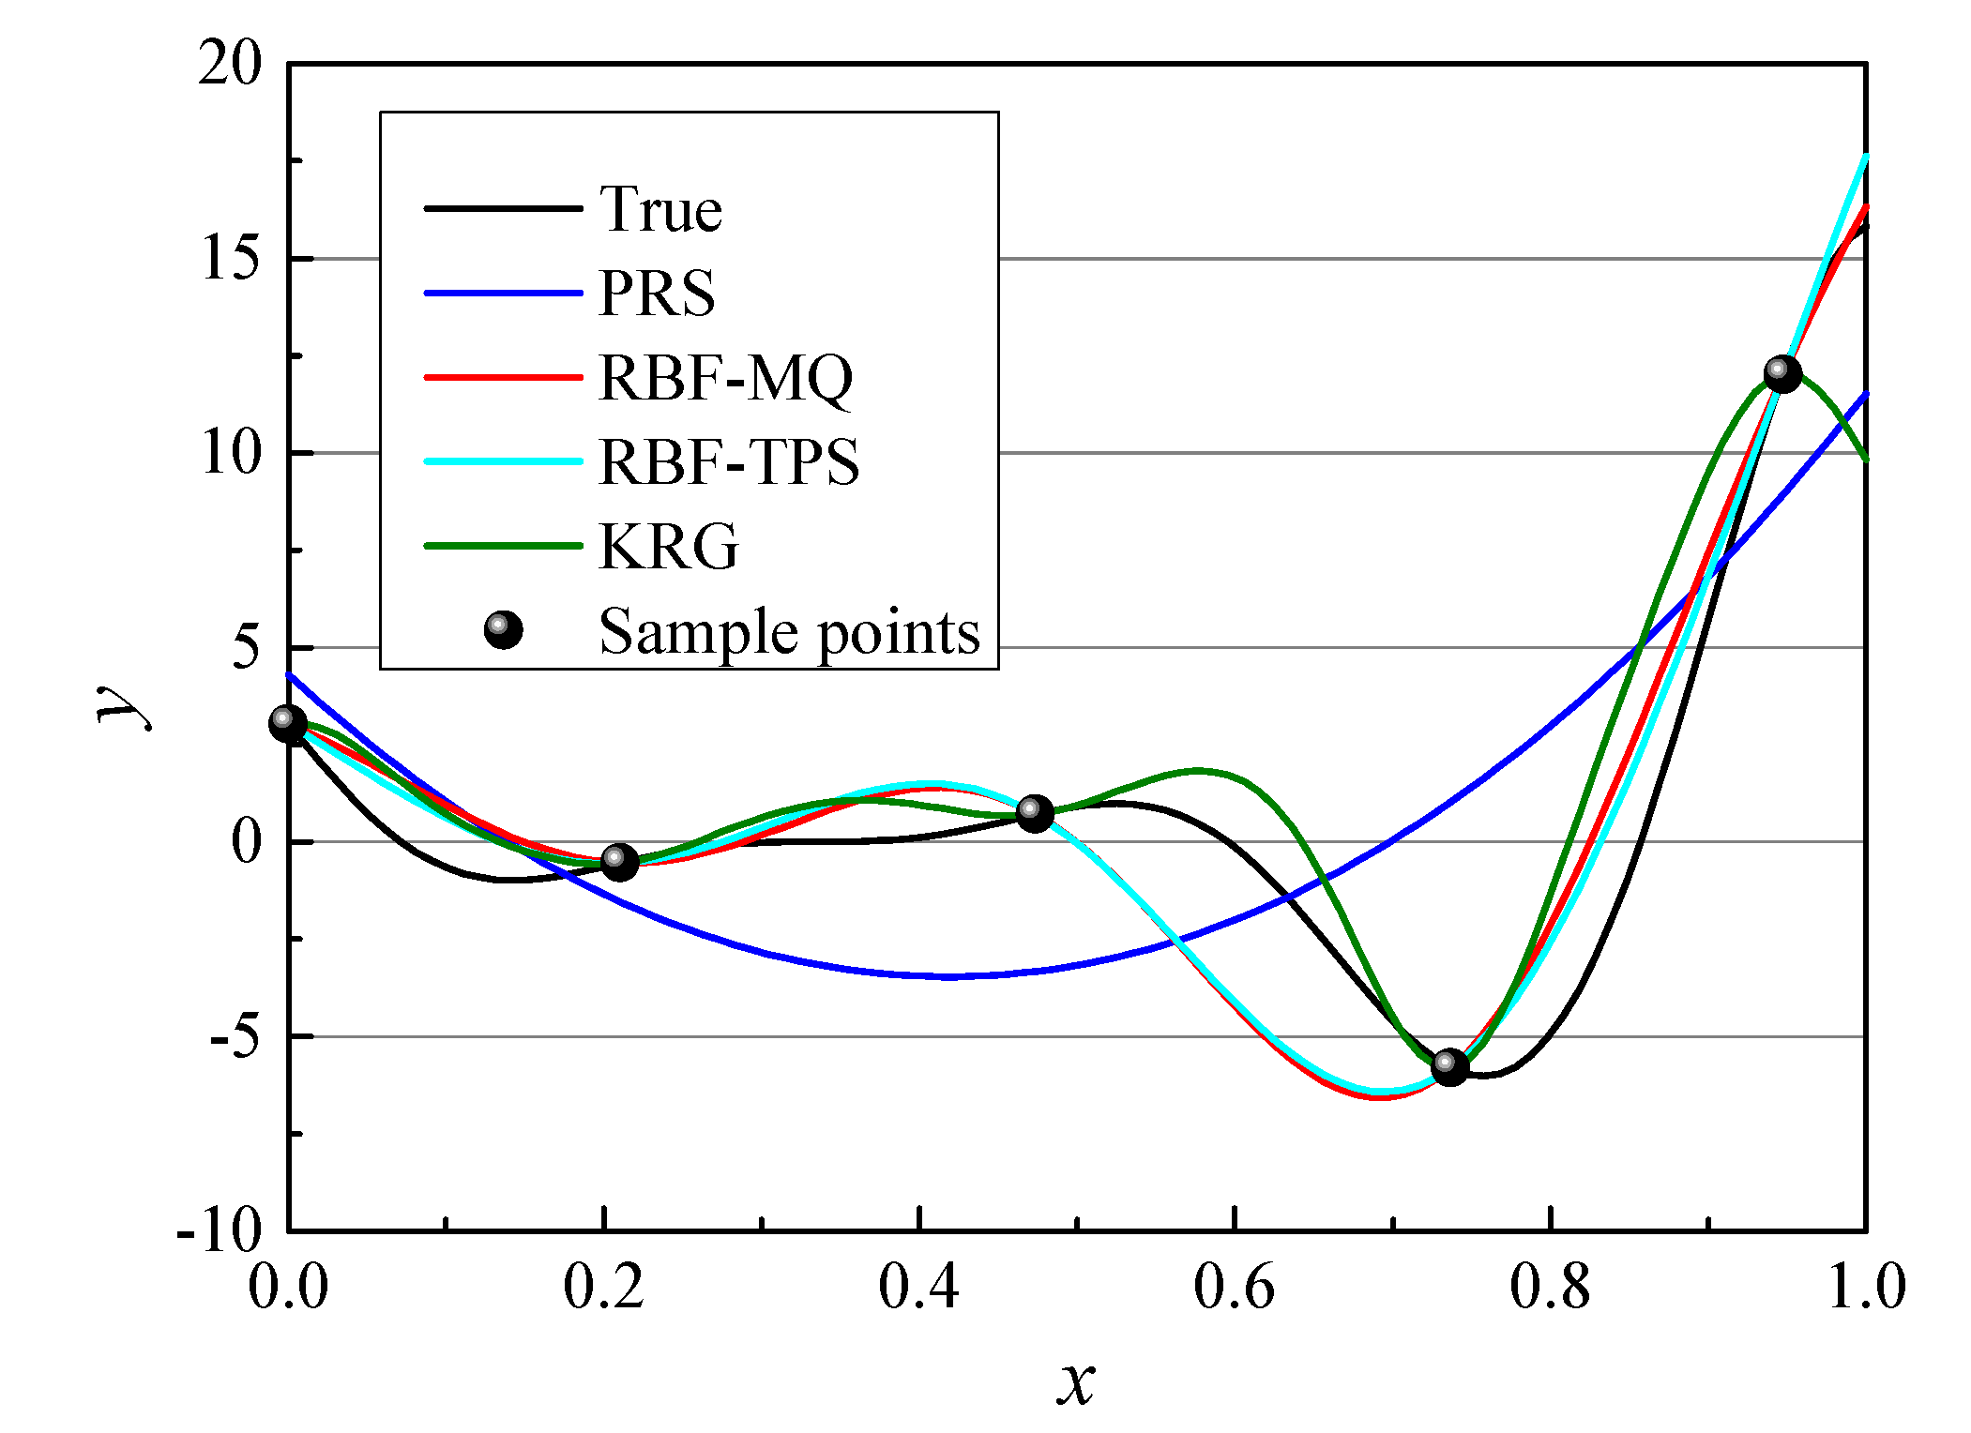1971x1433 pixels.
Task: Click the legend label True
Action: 660,209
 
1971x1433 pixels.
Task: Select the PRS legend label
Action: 657,294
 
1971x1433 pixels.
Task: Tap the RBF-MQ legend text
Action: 726,378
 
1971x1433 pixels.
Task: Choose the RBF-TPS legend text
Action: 729,462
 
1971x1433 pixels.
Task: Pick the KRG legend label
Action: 669,547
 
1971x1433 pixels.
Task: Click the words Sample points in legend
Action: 789,631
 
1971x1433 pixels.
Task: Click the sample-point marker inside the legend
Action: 503,630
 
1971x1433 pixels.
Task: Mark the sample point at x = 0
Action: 288,724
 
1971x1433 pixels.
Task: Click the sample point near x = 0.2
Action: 619,861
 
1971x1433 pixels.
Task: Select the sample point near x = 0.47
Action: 1035,813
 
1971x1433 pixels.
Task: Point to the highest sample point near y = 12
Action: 1782,373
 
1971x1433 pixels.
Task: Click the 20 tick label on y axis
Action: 230,65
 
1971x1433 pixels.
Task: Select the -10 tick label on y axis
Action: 220,1230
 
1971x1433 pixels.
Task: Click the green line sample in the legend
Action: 503,546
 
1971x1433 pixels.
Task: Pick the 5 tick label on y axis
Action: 245,648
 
